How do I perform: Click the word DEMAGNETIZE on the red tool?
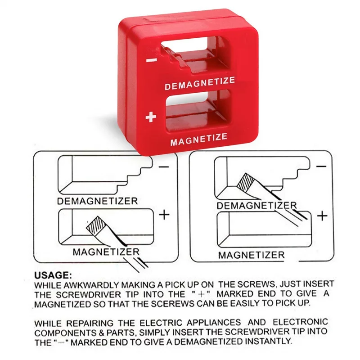pos(200,83)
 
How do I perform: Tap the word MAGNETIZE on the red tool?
pos(199,139)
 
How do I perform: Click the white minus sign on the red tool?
pos(152,60)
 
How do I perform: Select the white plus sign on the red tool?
pos(151,117)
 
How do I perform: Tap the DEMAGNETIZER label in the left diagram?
pos(97,201)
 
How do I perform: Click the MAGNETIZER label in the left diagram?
pos(106,252)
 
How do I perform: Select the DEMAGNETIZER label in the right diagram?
pos(256,206)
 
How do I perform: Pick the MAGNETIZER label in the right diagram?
pos(252,255)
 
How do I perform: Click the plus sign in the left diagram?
pos(164,215)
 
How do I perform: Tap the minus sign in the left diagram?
pos(164,167)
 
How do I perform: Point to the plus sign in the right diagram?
pos(322,216)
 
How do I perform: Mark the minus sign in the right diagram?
pos(321,166)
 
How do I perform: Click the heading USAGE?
pos(53,275)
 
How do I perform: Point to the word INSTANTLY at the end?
pos(269,341)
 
